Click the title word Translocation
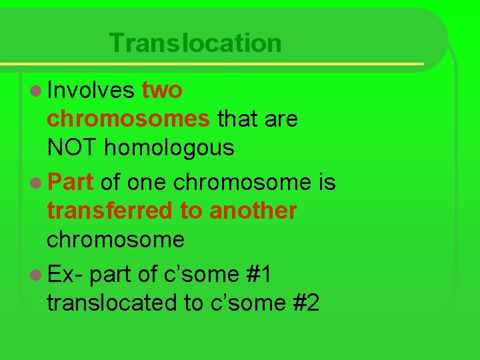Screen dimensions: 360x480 coord(195,43)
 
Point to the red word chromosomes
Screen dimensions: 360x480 coord(129,119)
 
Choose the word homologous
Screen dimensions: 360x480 coord(169,148)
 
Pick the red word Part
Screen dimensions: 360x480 coord(70,181)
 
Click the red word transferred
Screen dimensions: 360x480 coord(109,211)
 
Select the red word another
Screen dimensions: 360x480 coord(253,211)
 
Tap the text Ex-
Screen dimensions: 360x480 coord(65,273)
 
